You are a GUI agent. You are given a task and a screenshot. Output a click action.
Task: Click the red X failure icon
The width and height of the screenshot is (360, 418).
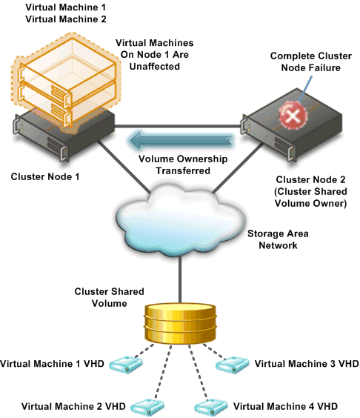[293, 116]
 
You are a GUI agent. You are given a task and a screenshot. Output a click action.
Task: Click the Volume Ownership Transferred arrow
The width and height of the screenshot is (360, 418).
[181, 140]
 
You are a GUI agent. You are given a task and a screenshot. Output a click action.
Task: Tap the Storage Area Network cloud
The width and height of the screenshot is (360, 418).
[180, 222]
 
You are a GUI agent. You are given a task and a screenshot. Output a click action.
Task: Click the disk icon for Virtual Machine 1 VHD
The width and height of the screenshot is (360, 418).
[127, 365]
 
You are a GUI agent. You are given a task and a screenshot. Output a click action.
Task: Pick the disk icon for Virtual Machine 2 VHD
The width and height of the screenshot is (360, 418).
[147, 408]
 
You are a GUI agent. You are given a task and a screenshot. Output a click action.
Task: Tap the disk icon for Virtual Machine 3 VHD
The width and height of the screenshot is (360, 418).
[233, 365]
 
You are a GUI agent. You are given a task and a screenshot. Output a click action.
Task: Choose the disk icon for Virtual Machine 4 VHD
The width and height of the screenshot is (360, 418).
[211, 408]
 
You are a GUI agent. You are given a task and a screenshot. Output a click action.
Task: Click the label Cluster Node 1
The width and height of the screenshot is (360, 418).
[45, 176]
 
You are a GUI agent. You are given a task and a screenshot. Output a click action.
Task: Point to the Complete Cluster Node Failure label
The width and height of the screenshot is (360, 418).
[310, 62]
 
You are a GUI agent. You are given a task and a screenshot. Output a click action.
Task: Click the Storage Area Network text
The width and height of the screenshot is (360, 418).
[278, 239]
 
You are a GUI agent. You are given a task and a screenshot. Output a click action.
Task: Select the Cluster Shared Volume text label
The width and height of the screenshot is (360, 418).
[109, 297]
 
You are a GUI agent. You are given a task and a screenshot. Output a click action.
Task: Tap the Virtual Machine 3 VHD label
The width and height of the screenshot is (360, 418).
[307, 364]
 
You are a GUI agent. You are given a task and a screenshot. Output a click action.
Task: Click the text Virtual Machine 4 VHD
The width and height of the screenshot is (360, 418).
[285, 406]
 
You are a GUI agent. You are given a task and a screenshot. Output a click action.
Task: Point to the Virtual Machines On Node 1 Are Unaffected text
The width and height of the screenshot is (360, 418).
[155, 54]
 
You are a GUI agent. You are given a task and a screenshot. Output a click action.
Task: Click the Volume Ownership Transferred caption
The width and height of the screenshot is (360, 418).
[183, 165]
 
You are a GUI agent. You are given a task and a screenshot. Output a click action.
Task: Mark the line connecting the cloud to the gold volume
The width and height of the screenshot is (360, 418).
[180, 280]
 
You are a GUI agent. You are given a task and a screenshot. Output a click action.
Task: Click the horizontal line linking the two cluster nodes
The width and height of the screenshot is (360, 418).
[178, 126]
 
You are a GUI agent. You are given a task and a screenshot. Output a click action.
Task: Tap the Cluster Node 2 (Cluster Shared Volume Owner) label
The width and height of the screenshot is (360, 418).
[310, 191]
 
